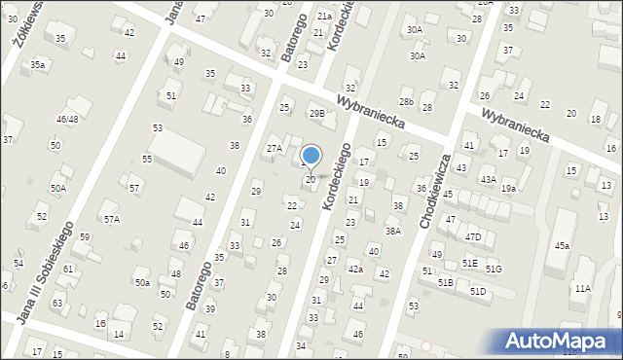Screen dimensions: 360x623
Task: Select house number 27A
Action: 275,149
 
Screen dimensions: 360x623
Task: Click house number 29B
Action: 316,113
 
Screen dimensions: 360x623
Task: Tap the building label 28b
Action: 406,102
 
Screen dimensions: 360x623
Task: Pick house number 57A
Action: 112,220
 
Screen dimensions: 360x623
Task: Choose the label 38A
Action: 392,232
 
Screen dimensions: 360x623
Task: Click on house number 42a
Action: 355,269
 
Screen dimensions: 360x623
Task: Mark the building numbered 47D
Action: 473,237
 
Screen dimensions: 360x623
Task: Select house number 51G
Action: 494,269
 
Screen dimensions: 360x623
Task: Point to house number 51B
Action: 445,282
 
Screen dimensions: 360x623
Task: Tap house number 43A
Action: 488,180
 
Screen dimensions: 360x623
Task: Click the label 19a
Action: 508,189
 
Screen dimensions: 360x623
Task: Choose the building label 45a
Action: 562,246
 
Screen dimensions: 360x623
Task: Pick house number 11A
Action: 582,288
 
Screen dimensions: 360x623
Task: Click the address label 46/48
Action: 67,119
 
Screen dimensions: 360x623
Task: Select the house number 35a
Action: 37,64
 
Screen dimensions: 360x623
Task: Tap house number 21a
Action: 323,17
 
